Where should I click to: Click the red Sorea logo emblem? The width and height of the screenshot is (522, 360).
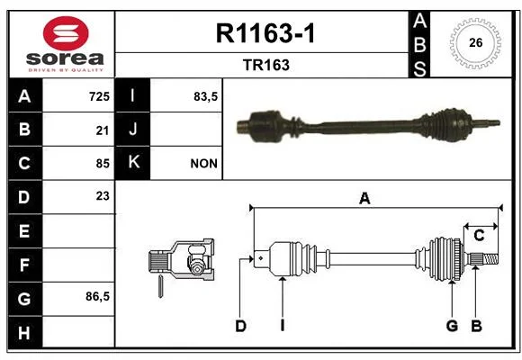tap(66, 33)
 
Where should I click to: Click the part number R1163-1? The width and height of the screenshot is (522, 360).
tap(265, 33)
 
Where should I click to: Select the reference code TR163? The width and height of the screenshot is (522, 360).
tap(266, 65)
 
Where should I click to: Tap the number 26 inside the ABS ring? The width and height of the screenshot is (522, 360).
tap(476, 42)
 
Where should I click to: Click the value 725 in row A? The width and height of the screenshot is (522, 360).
tap(99, 96)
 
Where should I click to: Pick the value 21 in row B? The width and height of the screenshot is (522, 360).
tap(103, 130)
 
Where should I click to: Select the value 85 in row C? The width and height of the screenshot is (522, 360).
tap(103, 164)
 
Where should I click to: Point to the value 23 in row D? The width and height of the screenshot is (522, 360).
tap(103, 196)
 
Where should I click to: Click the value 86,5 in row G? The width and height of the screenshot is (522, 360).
tap(97, 296)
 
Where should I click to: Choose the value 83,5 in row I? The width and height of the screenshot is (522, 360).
tap(206, 96)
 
